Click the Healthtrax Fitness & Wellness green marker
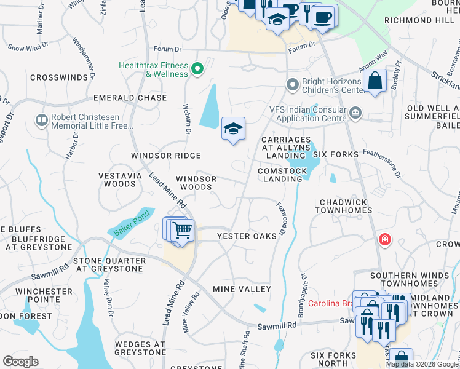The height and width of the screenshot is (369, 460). click(x=197, y=69)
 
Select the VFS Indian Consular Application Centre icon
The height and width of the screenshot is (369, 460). click(x=355, y=113)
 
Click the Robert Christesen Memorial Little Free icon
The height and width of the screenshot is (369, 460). click(x=42, y=119)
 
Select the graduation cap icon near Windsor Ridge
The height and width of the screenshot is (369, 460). click(x=233, y=129)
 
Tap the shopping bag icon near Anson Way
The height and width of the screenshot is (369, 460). click(x=375, y=81)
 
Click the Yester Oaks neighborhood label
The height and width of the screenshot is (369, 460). click(x=247, y=236)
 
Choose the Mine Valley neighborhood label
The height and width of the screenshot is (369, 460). click(x=242, y=289)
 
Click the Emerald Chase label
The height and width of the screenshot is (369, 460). click(x=130, y=98)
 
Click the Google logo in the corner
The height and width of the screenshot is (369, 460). click(x=20, y=362)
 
